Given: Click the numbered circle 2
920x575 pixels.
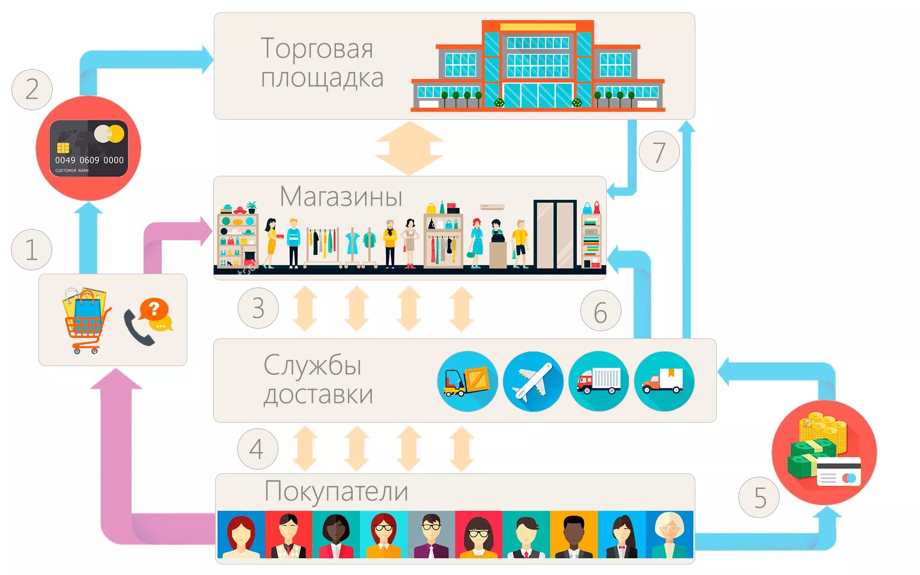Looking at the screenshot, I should coord(32,90).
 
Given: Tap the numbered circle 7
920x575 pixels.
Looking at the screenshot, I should coord(659,152).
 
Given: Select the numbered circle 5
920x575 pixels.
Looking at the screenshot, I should coord(759,497).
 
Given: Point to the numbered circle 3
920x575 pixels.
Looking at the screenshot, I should coord(258,308).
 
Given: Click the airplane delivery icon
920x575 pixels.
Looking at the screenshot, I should coord(533,381).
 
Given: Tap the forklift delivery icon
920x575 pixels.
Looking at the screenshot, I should coord(467,381).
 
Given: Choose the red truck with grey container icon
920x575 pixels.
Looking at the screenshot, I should coord(598,381).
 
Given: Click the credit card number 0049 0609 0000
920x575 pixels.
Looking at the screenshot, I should coord(89,160).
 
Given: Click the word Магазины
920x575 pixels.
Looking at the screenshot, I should coord(341,196).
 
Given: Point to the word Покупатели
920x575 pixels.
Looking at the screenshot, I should coord(336,491).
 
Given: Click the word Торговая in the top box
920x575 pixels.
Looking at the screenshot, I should coord(317,48).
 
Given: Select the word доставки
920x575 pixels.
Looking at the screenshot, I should coord(318,395).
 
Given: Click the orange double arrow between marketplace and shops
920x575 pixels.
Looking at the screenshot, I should coord(409,148).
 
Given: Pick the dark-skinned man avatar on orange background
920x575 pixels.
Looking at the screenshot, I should coord(574,535).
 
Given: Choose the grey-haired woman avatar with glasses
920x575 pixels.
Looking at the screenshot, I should coord(669,535).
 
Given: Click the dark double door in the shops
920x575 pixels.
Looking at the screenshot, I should coord(555,234).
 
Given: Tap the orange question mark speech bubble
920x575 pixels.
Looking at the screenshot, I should coord(154,309).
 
